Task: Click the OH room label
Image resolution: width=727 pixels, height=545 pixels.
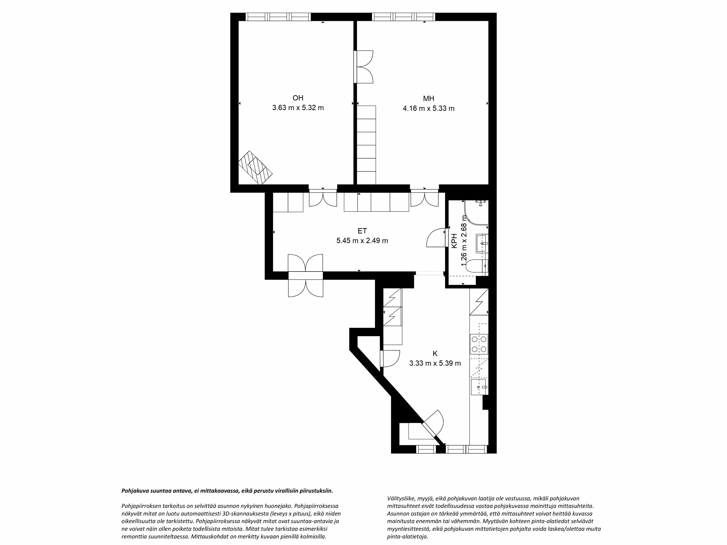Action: (x=298, y=98)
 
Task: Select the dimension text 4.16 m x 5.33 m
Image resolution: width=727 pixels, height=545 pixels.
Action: (x=429, y=109)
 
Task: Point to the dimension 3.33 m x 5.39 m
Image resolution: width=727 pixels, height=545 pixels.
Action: (x=435, y=363)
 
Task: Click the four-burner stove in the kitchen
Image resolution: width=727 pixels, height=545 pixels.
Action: (x=479, y=344)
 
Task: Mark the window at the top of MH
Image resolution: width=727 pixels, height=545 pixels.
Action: (x=403, y=17)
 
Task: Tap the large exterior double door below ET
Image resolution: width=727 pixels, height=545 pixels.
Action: (x=305, y=276)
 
